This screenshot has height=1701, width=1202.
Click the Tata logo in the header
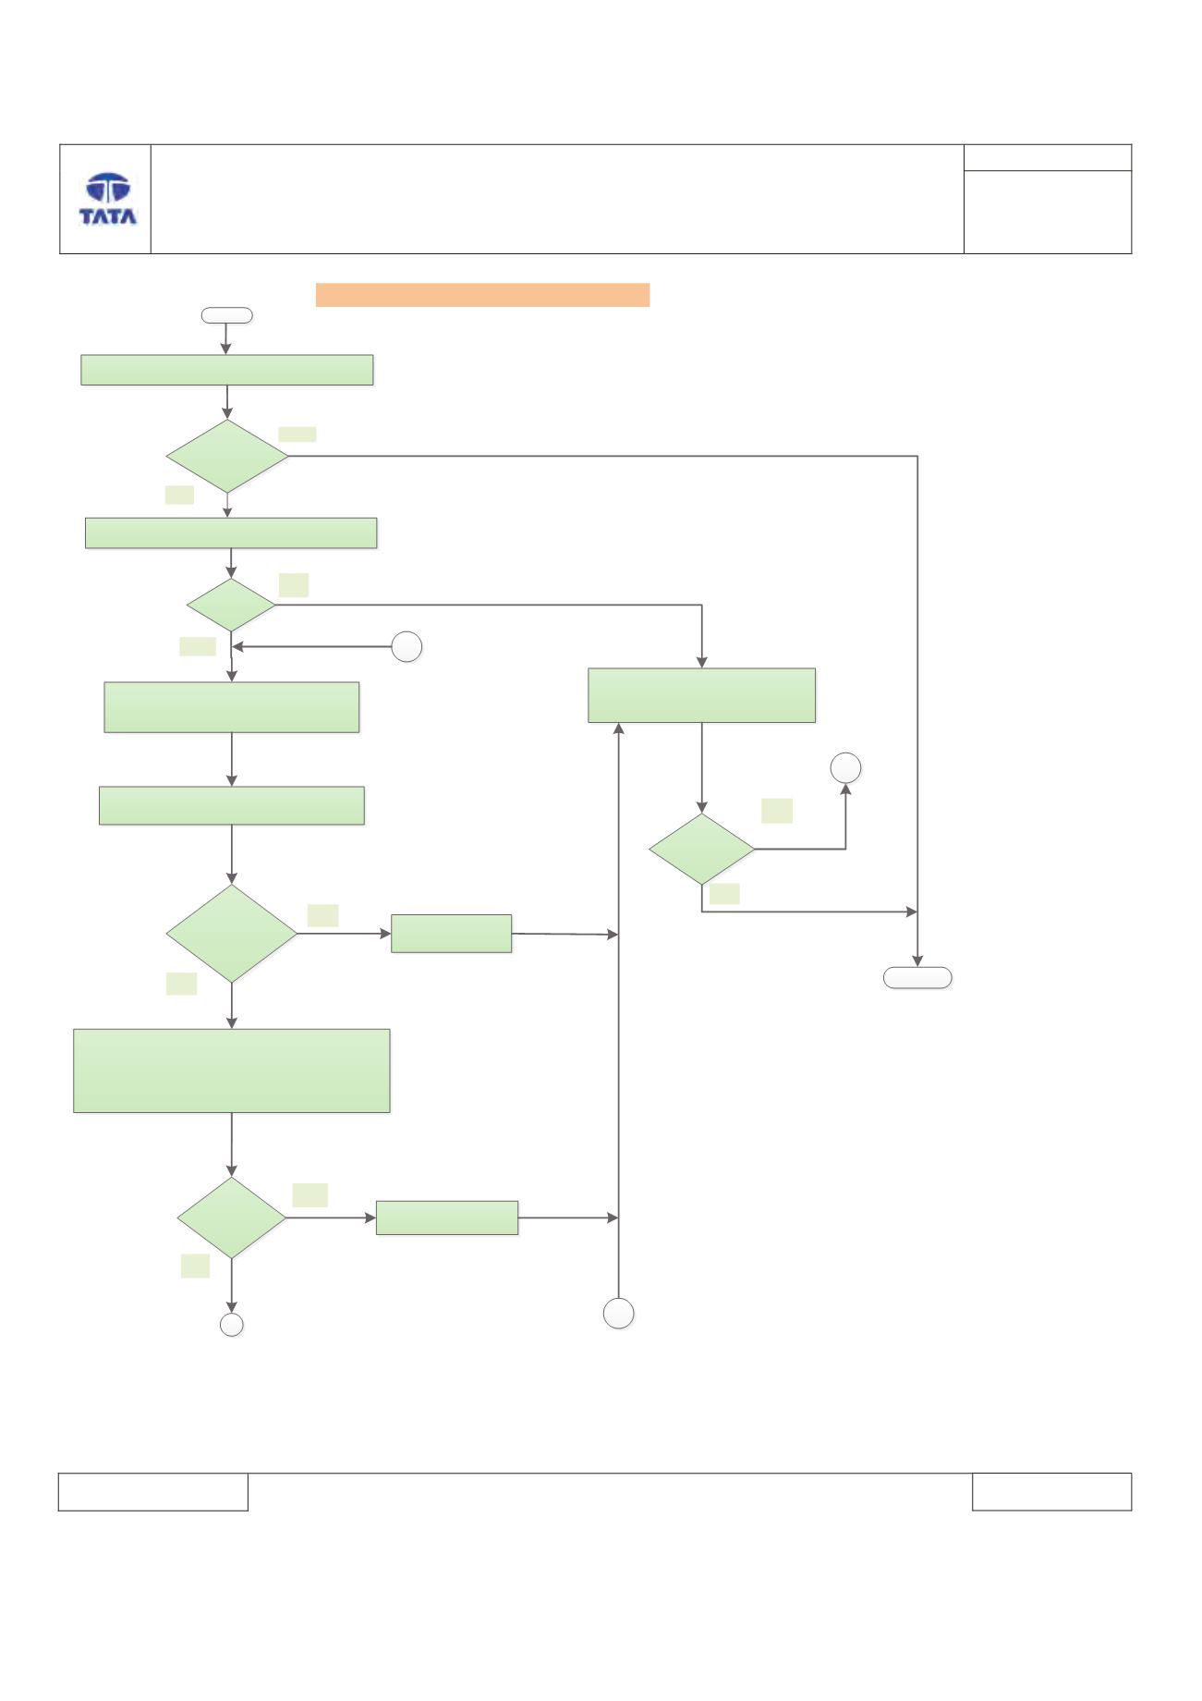(x=108, y=199)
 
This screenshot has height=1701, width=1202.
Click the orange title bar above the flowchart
(x=482, y=295)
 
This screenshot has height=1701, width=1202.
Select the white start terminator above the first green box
(x=226, y=315)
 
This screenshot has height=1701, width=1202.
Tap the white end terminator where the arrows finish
(x=917, y=978)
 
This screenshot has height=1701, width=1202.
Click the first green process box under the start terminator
(x=227, y=370)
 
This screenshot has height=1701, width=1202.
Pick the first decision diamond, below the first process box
(x=227, y=457)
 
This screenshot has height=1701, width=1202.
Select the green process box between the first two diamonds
(x=231, y=533)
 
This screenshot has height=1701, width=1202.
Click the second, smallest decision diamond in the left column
(x=231, y=606)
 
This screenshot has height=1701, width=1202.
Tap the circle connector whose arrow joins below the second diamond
(x=407, y=647)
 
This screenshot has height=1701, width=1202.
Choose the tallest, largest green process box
(x=232, y=1071)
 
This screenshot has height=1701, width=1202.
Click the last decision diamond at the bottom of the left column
(x=231, y=1218)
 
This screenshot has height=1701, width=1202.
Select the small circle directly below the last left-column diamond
(x=232, y=1325)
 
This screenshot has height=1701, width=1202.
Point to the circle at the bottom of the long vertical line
(x=619, y=1313)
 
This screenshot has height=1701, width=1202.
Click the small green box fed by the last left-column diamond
(x=447, y=1218)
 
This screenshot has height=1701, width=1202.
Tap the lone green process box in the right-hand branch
(x=702, y=695)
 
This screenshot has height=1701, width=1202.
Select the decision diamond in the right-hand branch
(x=702, y=849)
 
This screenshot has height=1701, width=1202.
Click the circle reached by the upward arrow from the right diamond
(x=846, y=768)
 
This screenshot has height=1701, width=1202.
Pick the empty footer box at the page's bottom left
(x=153, y=1492)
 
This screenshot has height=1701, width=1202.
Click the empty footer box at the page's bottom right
(x=1051, y=1492)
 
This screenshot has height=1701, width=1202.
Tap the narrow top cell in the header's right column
(x=1048, y=157)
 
